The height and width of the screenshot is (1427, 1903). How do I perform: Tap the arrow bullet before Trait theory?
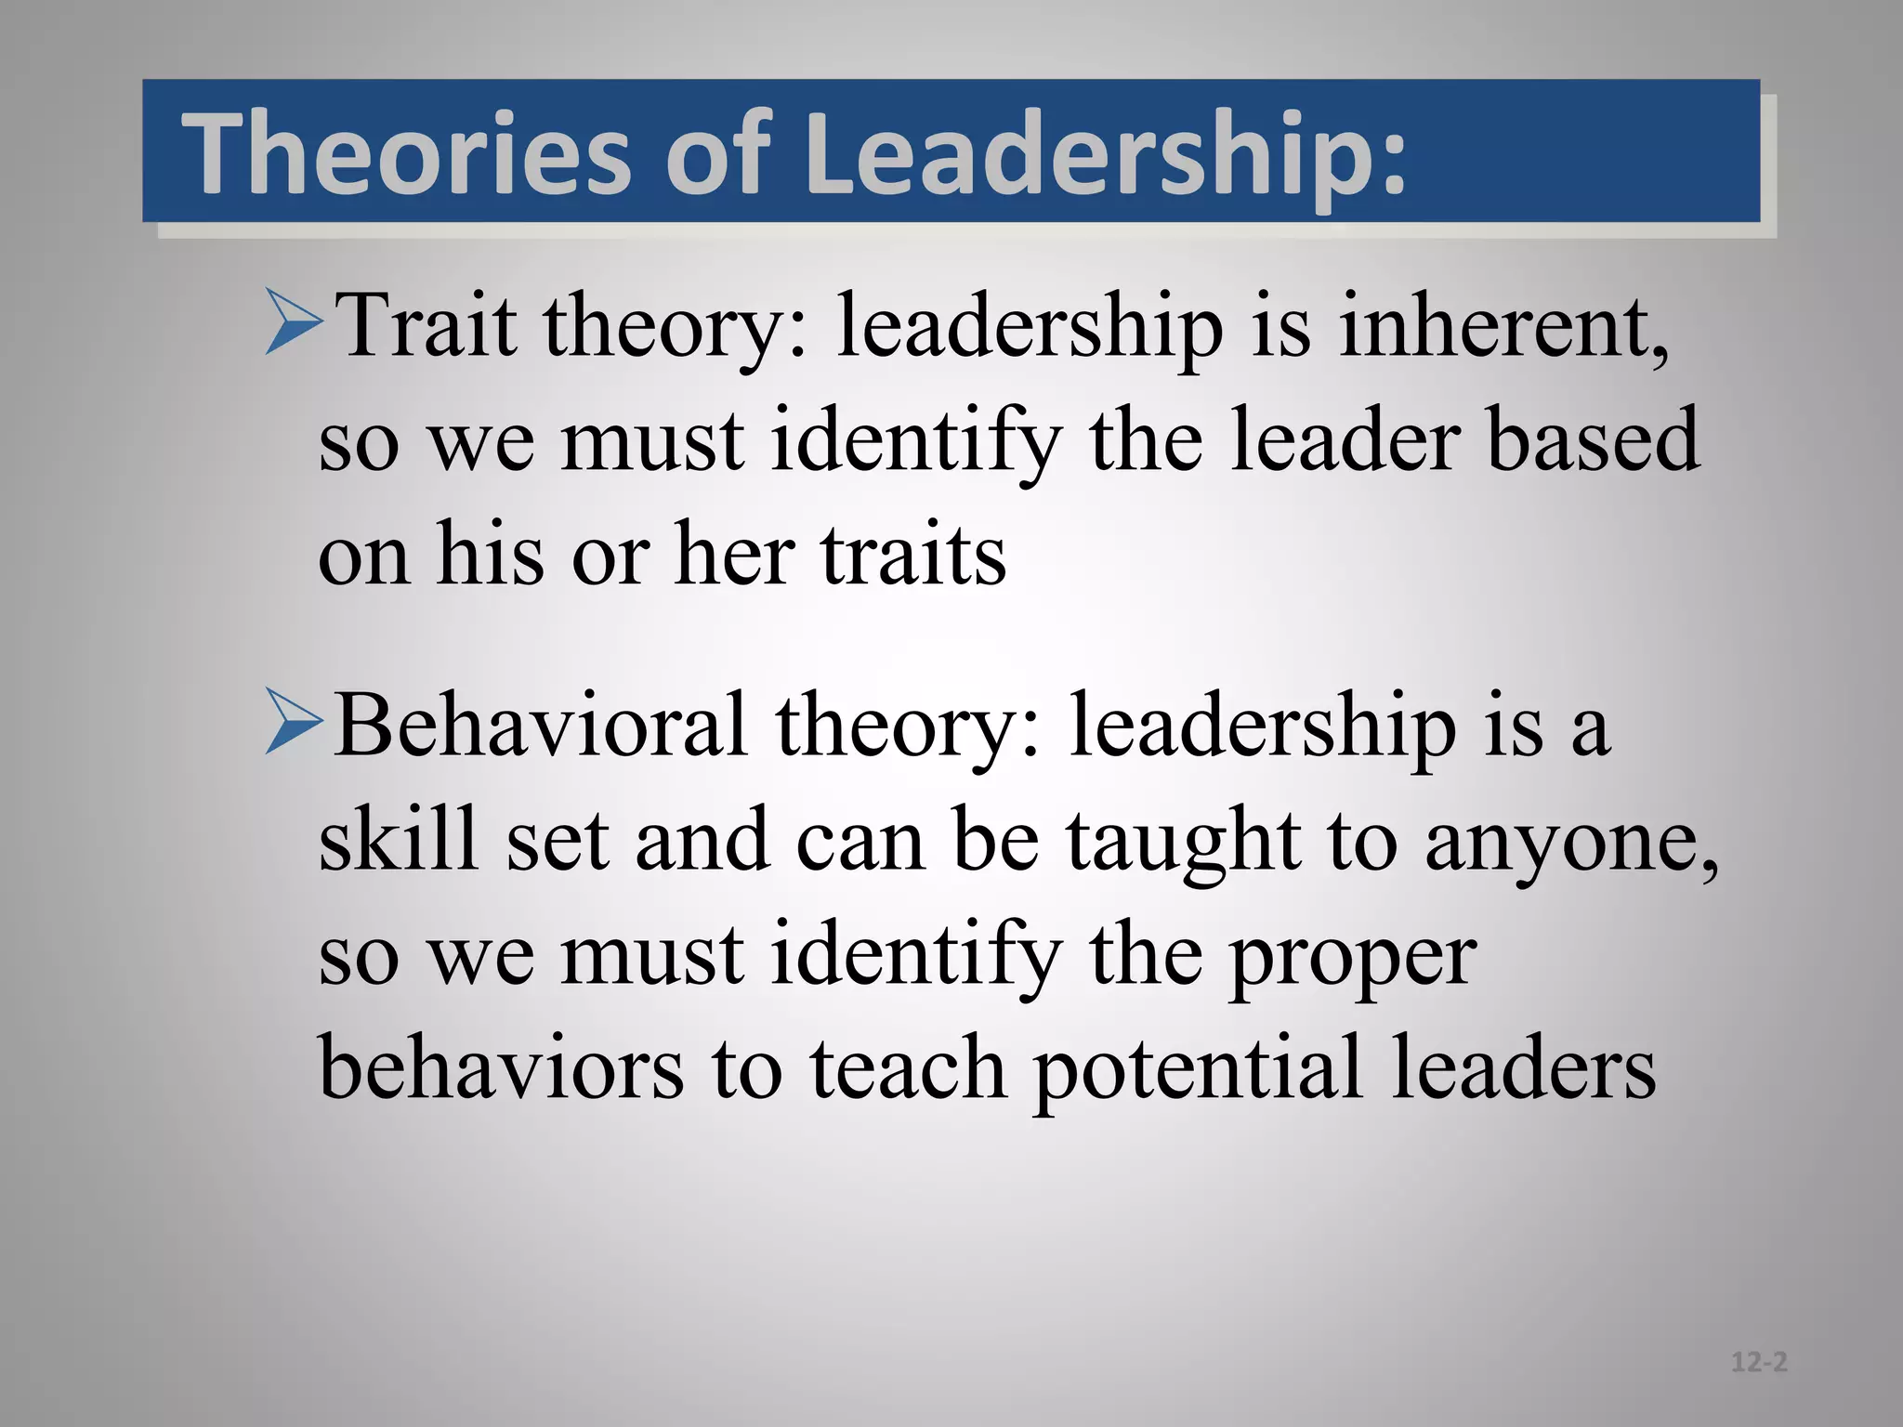[x=294, y=321]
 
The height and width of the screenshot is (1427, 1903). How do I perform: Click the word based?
[x=1593, y=440]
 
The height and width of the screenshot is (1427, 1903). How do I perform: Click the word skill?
[x=399, y=840]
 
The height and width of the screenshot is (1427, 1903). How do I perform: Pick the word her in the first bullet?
[x=734, y=556]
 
